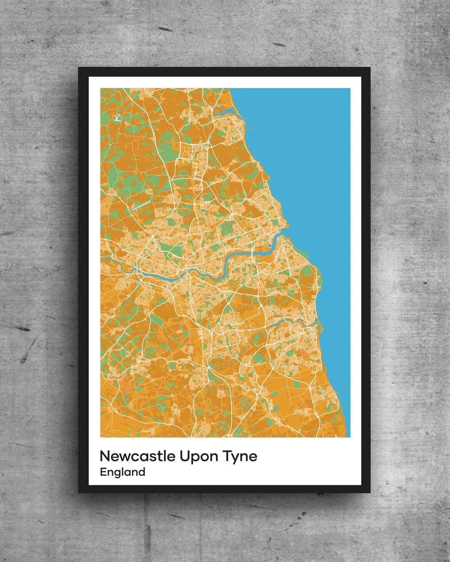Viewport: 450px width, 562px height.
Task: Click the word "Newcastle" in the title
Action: point(137,456)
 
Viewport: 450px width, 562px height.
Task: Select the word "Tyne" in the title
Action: point(240,457)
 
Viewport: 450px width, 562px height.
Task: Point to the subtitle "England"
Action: point(122,472)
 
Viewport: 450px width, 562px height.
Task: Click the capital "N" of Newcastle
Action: point(105,456)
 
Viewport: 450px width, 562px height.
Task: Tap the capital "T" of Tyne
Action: point(227,456)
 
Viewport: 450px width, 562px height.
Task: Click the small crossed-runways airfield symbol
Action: point(117,118)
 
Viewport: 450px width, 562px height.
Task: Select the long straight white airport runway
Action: point(141,205)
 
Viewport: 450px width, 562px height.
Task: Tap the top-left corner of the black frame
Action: point(79,67)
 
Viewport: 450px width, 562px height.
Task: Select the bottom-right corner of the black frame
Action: point(370,492)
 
